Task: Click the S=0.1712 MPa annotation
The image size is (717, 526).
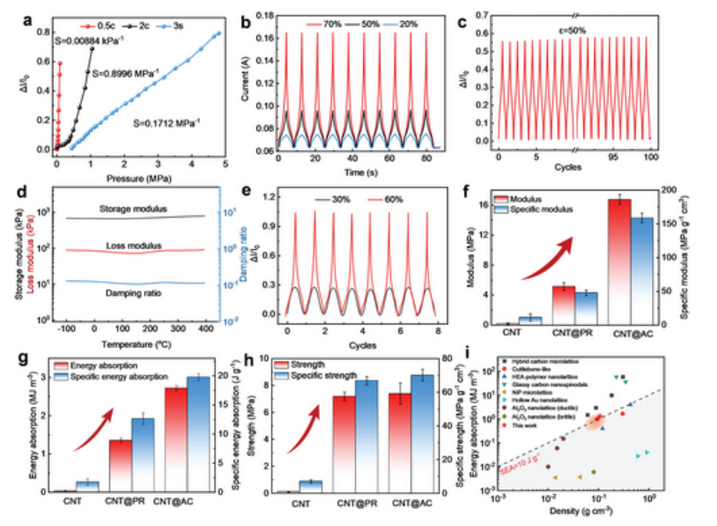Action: pyautogui.click(x=167, y=123)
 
